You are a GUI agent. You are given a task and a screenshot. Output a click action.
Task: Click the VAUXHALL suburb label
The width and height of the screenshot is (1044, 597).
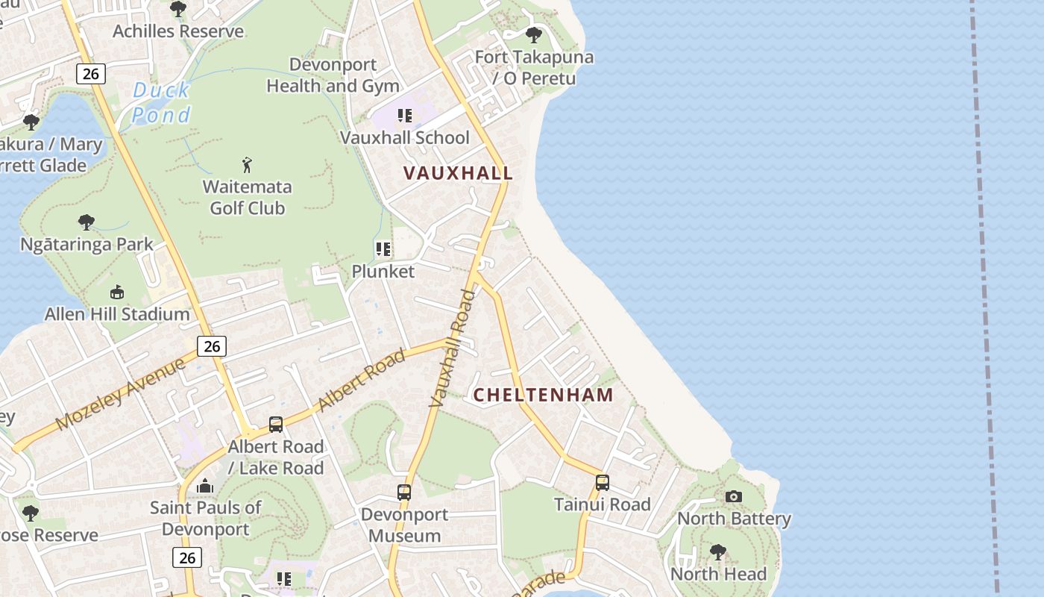click(458, 173)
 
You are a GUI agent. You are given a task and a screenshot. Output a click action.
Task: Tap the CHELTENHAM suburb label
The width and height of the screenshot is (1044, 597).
click(544, 395)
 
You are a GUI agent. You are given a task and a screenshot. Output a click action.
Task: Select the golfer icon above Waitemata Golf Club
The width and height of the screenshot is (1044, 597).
click(247, 164)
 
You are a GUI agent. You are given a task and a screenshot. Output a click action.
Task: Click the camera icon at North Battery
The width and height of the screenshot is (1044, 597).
click(734, 496)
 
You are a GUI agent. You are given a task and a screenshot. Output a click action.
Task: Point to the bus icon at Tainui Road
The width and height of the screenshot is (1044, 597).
click(603, 482)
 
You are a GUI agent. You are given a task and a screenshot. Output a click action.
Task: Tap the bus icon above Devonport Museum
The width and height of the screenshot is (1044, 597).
click(404, 493)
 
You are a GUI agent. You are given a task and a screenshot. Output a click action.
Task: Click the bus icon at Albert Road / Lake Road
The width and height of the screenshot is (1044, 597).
click(276, 425)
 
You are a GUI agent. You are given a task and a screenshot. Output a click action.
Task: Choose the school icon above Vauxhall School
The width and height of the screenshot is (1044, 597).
click(405, 116)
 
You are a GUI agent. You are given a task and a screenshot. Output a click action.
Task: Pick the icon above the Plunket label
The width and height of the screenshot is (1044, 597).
click(383, 249)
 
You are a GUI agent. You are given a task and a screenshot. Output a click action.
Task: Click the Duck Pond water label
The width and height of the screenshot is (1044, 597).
click(161, 103)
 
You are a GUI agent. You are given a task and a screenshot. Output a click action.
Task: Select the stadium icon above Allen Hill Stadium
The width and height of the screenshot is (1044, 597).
click(117, 292)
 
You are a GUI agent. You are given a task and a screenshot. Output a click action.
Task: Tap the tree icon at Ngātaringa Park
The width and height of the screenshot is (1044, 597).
click(87, 222)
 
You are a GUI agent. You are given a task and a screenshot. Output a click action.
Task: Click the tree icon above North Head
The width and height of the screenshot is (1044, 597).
click(718, 552)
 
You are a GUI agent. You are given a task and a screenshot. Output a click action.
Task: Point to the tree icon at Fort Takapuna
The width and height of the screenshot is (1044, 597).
click(534, 34)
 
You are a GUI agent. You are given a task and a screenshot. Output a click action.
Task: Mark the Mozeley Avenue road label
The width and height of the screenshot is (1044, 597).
click(120, 394)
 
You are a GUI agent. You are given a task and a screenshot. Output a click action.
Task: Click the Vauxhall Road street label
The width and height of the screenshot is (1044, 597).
click(453, 348)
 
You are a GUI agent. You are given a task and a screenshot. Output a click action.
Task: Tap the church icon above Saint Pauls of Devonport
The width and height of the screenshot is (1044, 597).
click(205, 487)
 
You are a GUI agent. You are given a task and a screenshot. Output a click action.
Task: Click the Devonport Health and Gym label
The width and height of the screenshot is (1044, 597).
click(333, 75)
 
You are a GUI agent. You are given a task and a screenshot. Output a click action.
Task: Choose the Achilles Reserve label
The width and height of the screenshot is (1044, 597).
click(178, 31)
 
